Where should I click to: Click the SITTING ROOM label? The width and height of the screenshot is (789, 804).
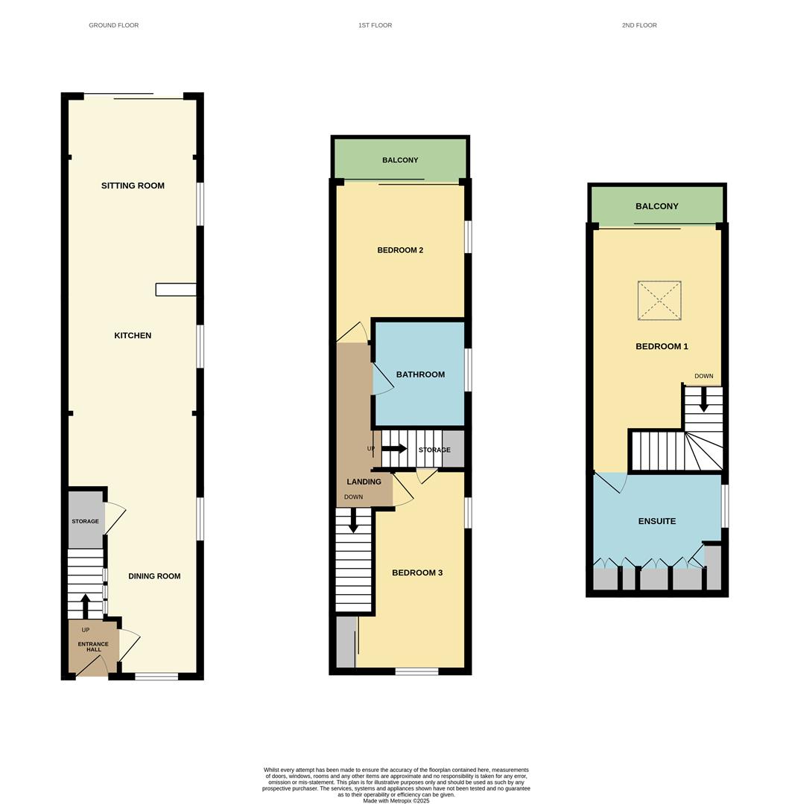(133, 185)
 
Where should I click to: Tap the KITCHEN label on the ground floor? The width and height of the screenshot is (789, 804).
(133, 335)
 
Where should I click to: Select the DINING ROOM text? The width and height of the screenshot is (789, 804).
(154, 575)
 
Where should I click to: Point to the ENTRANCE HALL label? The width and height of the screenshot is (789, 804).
(93, 647)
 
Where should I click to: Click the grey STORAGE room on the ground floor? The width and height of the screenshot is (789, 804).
(86, 520)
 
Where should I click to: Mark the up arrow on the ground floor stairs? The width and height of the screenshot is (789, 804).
(86, 605)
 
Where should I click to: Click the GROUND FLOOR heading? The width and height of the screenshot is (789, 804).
(114, 25)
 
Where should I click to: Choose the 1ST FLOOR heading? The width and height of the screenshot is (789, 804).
(375, 25)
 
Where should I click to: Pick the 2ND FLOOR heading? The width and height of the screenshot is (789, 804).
(639, 25)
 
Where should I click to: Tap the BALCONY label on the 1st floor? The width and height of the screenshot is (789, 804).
(400, 160)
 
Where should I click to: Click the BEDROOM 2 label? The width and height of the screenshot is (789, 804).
(400, 250)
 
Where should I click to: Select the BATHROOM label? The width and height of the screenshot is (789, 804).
(421, 374)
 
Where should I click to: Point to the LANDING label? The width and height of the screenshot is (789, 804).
(364, 482)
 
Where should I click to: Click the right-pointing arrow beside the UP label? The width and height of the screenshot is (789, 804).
(394, 449)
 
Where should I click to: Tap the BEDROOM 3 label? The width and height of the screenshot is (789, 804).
(417, 572)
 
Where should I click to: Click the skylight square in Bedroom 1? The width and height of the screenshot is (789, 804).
(659, 301)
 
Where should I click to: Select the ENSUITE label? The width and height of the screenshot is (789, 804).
(657, 521)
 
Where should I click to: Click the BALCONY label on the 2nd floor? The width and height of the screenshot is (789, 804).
(657, 206)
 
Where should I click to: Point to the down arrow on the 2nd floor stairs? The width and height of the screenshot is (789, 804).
(704, 400)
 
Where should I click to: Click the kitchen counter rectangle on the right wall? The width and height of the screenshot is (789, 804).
(176, 290)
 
